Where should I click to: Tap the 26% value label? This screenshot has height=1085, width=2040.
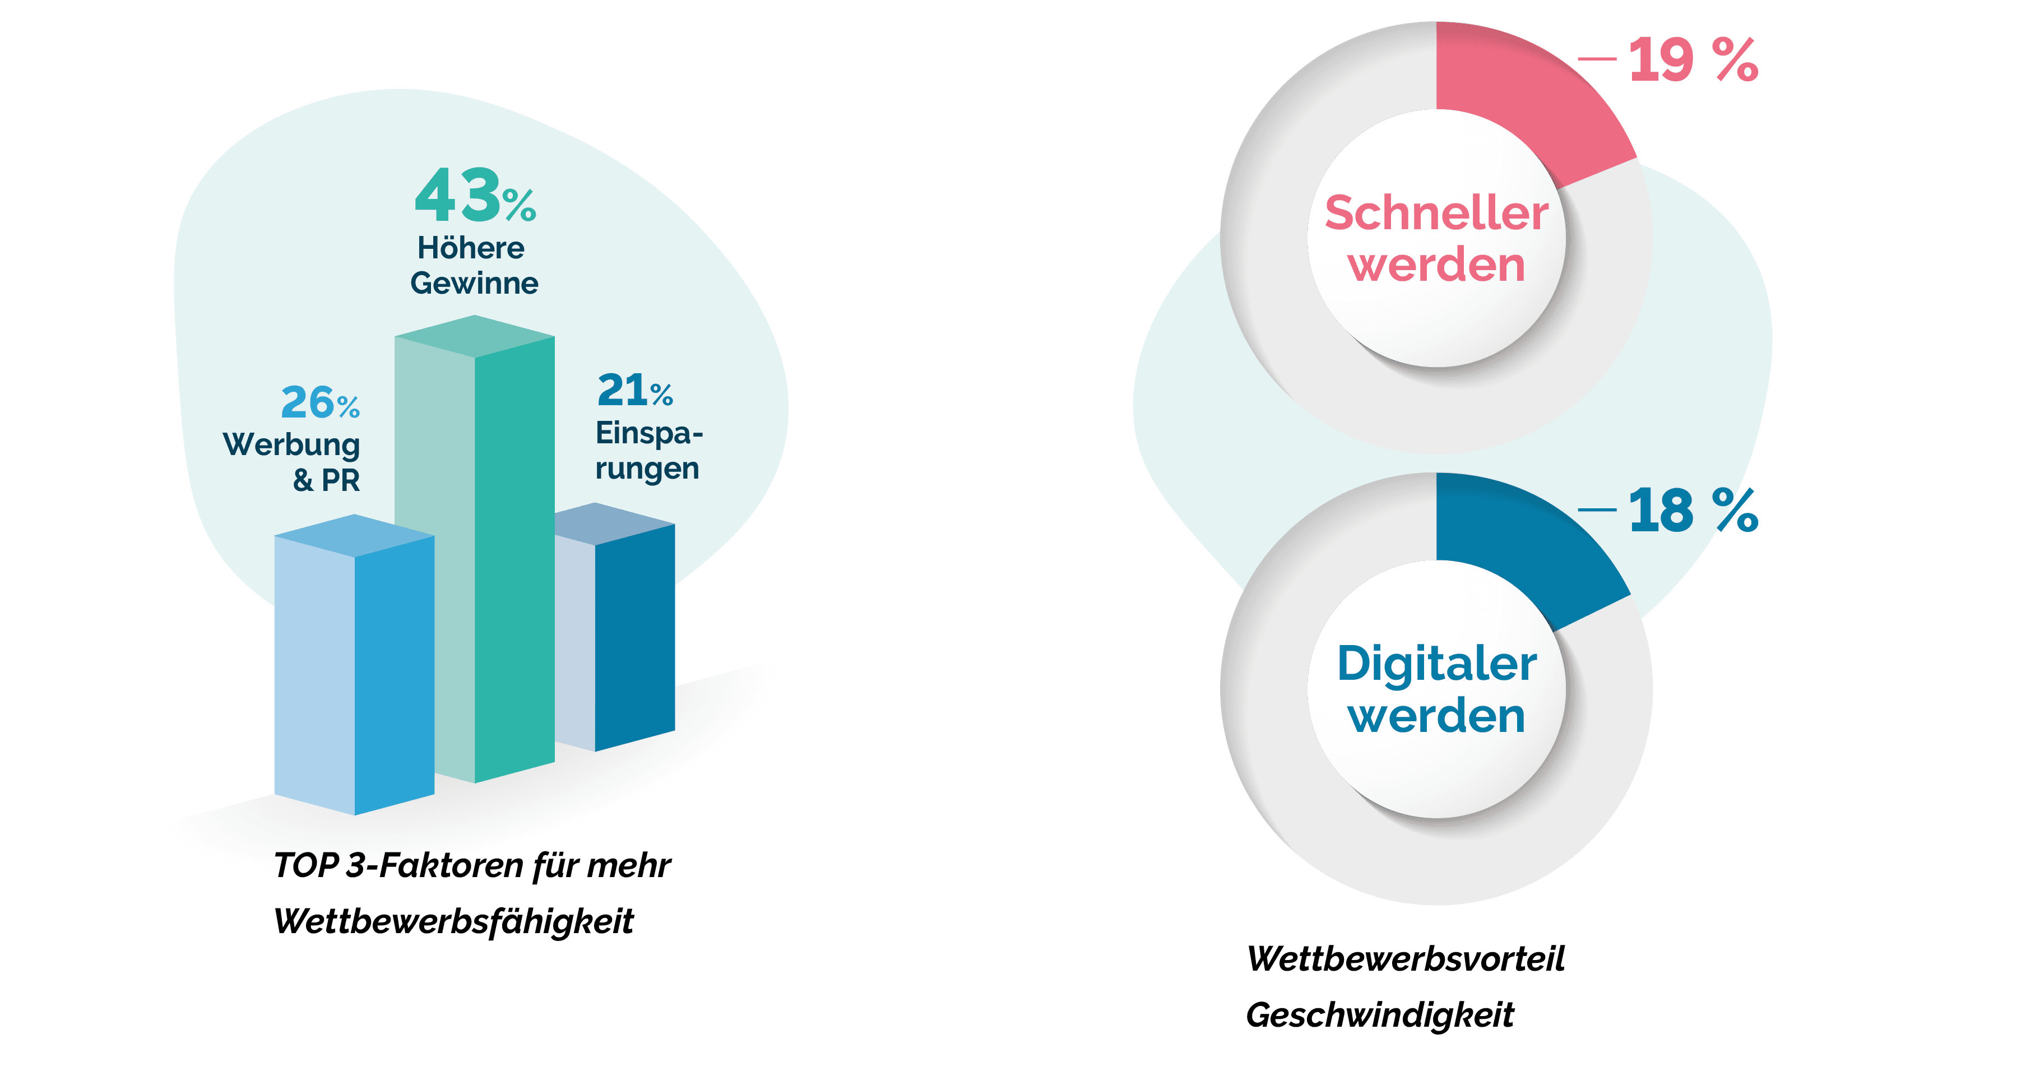pyautogui.click(x=320, y=402)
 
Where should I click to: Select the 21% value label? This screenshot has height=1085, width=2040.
pyautogui.click(x=634, y=391)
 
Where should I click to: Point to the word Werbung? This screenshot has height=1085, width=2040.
pyautogui.click(x=291, y=445)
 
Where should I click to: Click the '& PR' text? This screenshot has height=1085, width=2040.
pyautogui.click(x=326, y=480)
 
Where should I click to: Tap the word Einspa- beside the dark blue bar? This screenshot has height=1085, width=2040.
pyautogui.click(x=648, y=433)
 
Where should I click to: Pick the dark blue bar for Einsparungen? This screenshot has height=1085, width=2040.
pyautogui.click(x=633, y=634)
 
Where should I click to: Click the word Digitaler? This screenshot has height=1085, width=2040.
pyautogui.click(x=1436, y=664)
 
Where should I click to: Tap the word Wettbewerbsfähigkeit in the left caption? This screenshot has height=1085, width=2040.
pyautogui.click(x=453, y=921)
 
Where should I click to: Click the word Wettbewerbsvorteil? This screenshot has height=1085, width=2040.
pyautogui.click(x=1406, y=959)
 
